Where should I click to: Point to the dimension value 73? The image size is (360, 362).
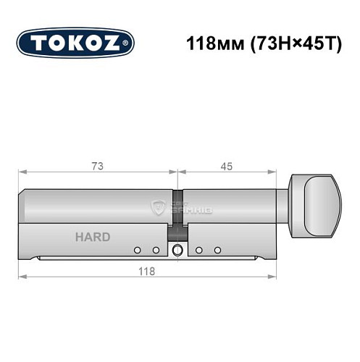(98, 166)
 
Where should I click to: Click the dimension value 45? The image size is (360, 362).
(226, 166)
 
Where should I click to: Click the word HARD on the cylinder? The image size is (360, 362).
(92, 237)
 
